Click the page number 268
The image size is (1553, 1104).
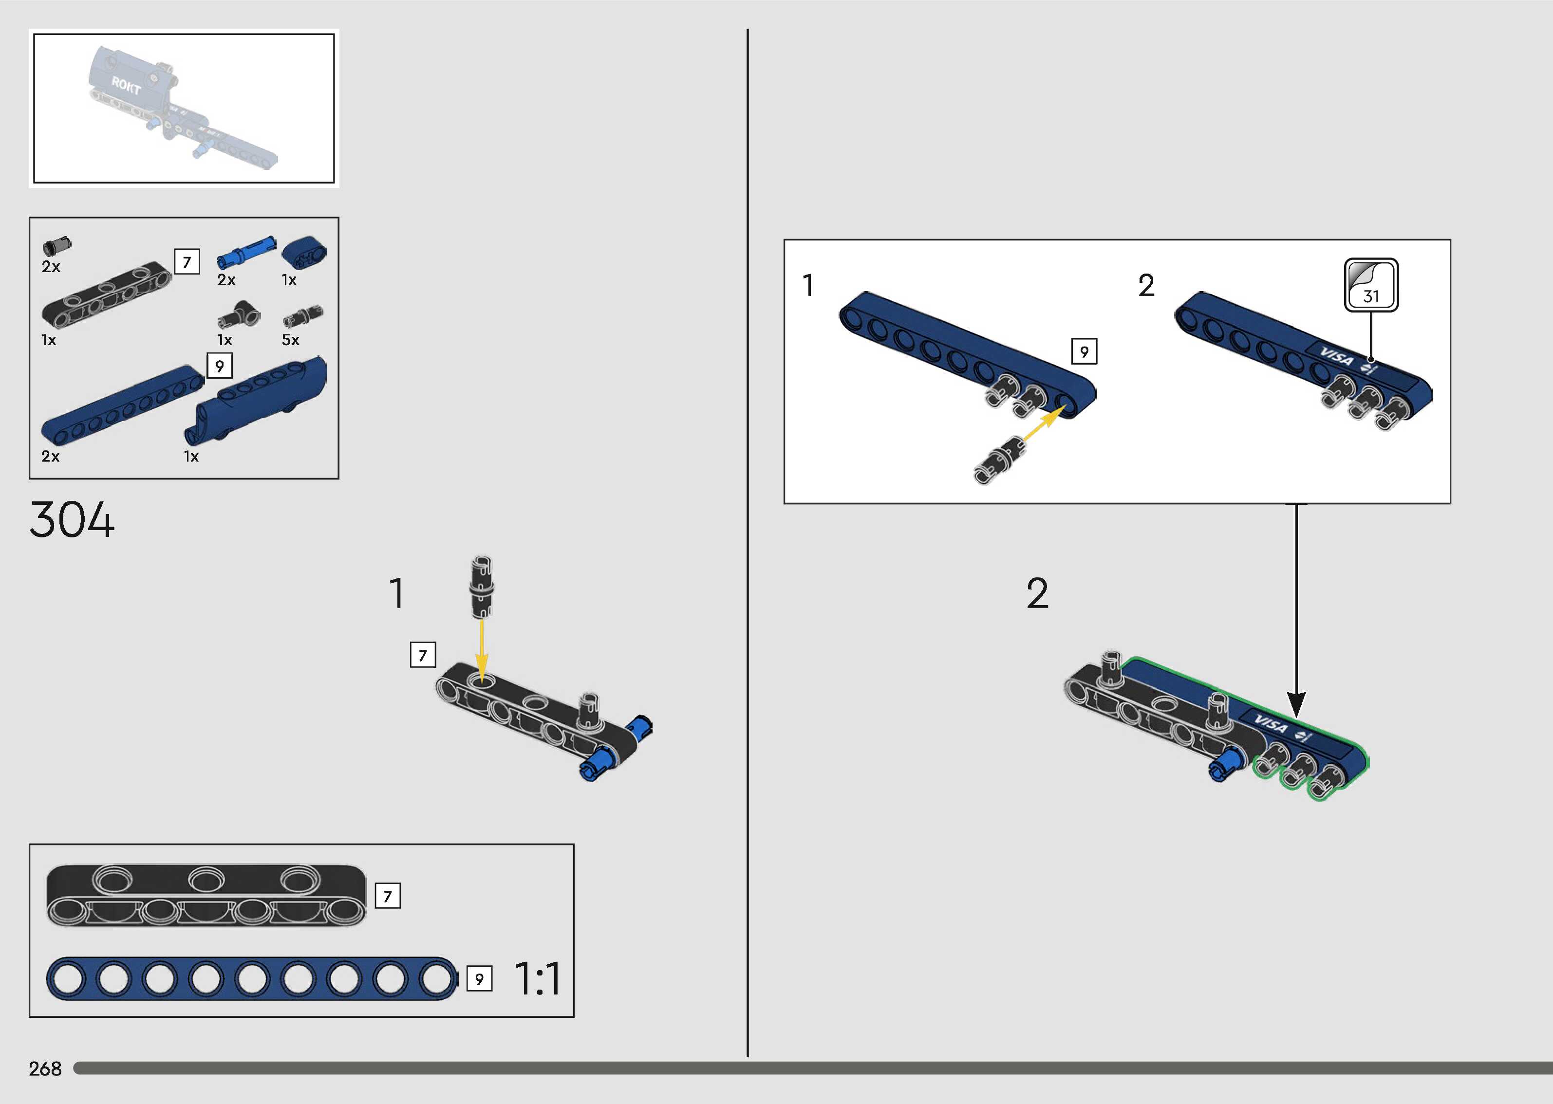[x=45, y=1068]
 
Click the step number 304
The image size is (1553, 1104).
[x=72, y=520]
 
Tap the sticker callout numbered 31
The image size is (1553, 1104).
[x=1371, y=285]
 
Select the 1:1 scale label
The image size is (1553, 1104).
[x=538, y=979]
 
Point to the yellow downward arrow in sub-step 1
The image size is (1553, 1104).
[x=482, y=646]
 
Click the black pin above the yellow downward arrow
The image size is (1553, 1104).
[x=482, y=586]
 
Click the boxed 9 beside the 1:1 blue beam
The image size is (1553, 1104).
[x=479, y=979]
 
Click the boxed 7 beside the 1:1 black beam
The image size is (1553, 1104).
[x=388, y=896]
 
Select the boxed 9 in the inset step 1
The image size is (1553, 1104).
[x=1084, y=351]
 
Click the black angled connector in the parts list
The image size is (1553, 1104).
[x=239, y=315]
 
